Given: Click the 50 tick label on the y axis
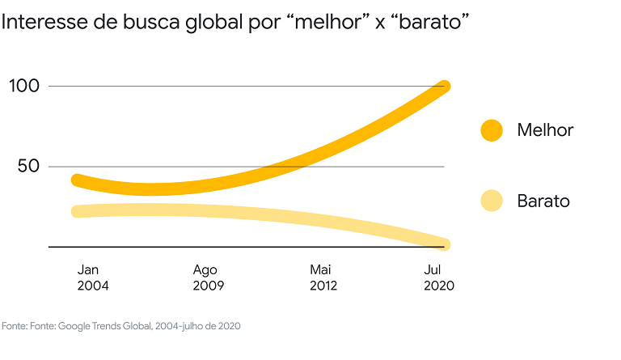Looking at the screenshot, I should click(x=27, y=167).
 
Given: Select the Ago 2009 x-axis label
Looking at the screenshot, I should click(x=208, y=277).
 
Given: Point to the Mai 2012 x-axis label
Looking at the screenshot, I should click(x=323, y=277).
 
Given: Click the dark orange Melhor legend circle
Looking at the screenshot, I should click(x=492, y=130).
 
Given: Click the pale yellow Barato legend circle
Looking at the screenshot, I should click(x=492, y=201).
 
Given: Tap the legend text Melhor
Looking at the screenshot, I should click(x=545, y=130).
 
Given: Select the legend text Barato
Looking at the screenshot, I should click(x=543, y=201).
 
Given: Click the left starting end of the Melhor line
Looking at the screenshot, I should click(x=78, y=180).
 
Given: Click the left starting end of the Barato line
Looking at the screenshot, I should click(x=78, y=211).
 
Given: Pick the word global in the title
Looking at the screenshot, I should click(x=212, y=23).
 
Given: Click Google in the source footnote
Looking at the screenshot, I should click(x=73, y=326).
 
